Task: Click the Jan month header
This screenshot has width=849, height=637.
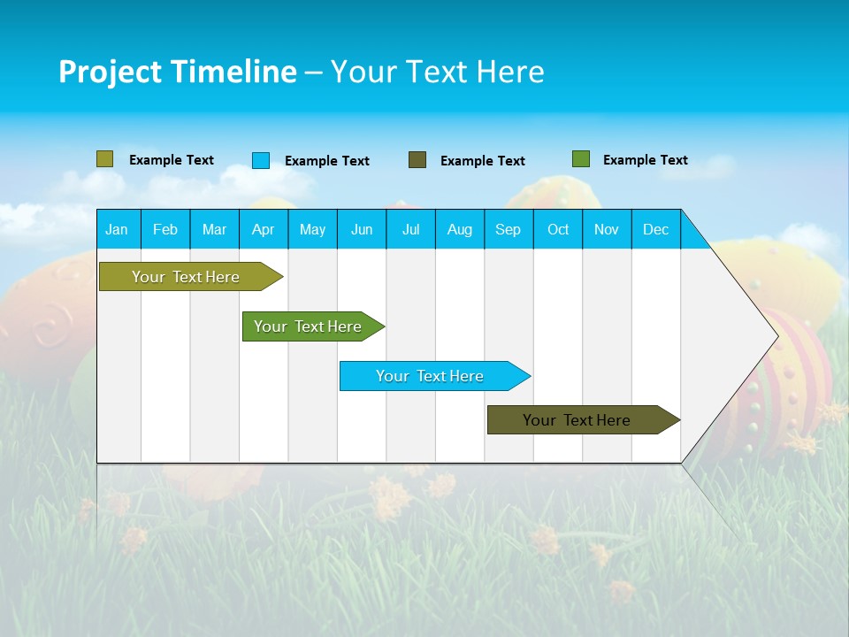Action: click(117, 229)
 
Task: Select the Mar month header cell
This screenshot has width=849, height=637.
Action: click(214, 229)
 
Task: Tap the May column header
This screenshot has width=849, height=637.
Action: click(312, 229)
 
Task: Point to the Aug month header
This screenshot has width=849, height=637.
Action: click(459, 229)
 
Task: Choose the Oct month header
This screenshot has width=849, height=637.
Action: click(558, 229)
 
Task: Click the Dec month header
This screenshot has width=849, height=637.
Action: click(655, 229)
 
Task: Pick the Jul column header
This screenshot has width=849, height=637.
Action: click(410, 229)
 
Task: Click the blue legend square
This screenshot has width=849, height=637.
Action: click(261, 160)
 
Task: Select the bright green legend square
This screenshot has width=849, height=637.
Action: click(581, 159)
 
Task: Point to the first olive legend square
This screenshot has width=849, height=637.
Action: click(105, 159)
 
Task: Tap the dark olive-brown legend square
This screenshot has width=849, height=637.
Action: click(417, 160)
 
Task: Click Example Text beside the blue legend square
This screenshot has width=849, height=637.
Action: click(327, 161)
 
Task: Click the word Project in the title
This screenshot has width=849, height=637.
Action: click(110, 73)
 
